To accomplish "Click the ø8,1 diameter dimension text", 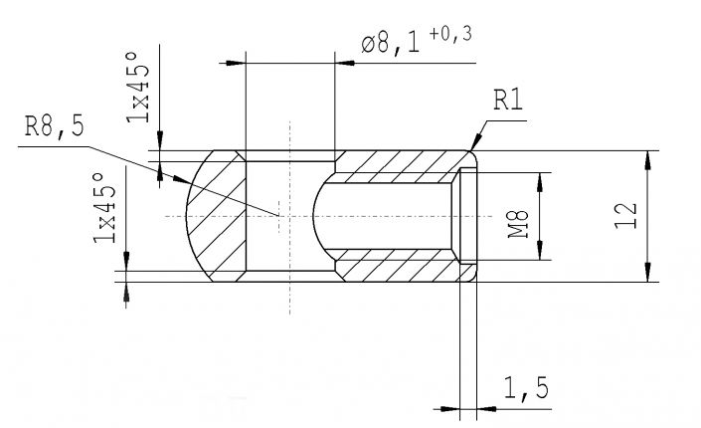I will [x=394, y=44].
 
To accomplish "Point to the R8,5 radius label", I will [x=54, y=127].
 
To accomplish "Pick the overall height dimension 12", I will [x=623, y=215].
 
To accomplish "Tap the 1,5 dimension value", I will [x=527, y=388].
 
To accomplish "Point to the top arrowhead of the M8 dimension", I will [x=542, y=177].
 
